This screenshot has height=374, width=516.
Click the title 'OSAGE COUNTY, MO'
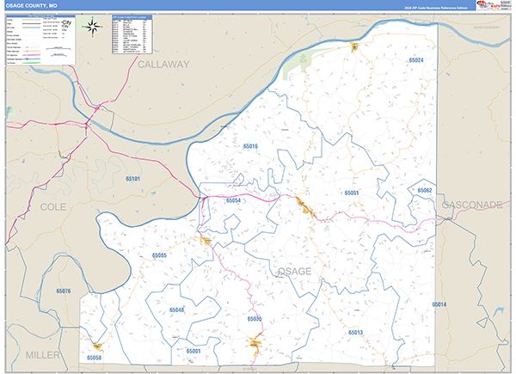(x=30, y=6)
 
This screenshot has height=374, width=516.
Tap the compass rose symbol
(x=91, y=27)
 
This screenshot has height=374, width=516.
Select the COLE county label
(x=52, y=207)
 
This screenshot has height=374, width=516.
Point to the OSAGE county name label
(x=294, y=271)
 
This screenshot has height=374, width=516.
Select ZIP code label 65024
(x=416, y=61)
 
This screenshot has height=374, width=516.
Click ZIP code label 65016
(x=250, y=147)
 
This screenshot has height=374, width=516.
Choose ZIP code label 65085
(x=159, y=255)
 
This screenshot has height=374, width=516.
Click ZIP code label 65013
(x=356, y=332)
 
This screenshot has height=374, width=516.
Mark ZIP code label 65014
(x=439, y=305)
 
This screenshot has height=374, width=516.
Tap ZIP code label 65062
(x=424, y=190)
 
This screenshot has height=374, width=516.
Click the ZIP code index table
(x=132, y=34)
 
